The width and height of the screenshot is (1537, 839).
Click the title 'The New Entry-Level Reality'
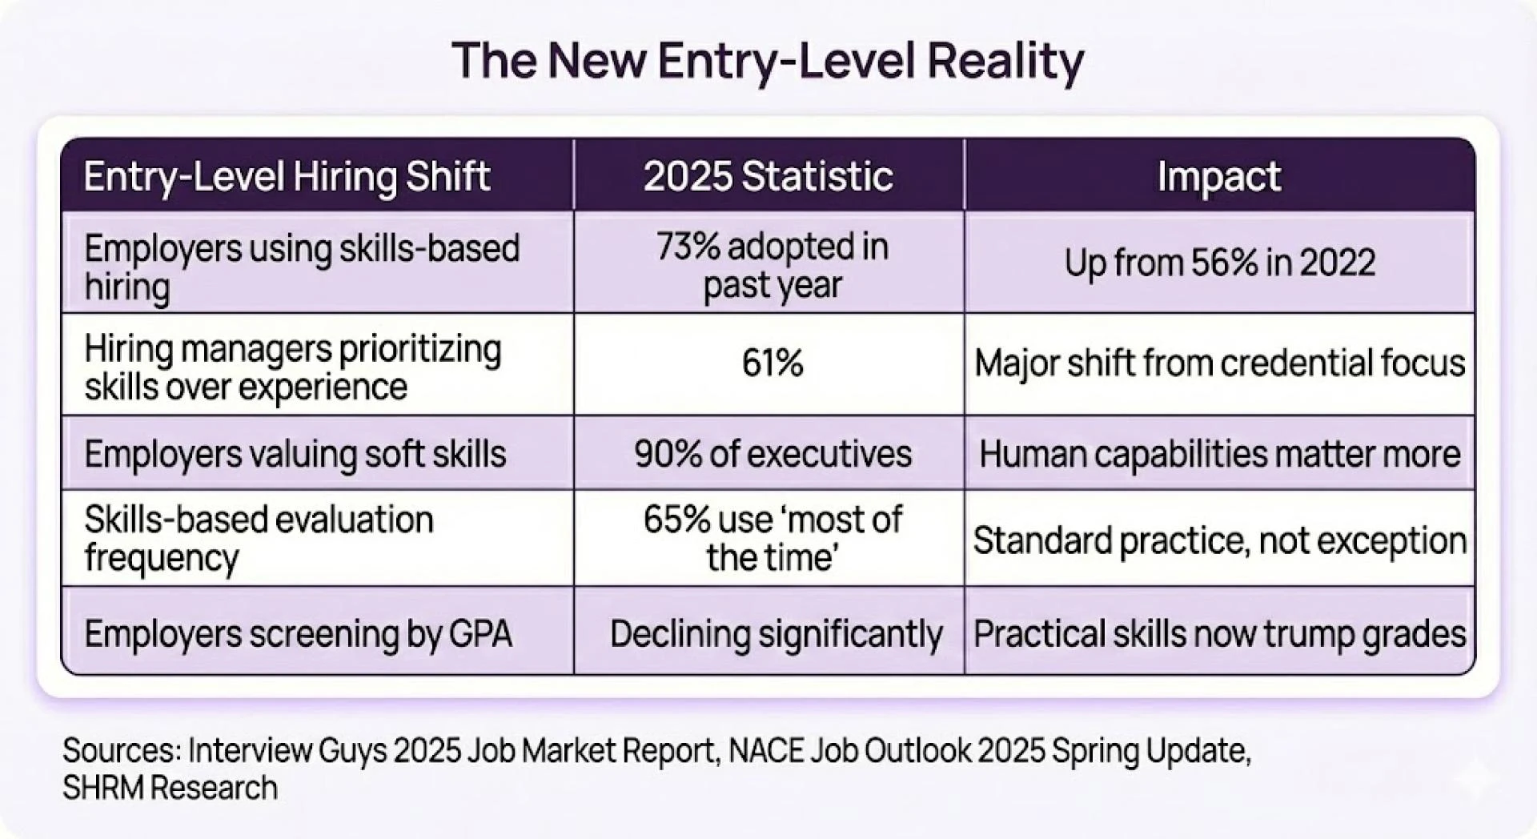point(768,61)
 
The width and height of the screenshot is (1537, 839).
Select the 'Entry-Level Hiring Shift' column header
point(287,176)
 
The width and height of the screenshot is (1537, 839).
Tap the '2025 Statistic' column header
point(768,176)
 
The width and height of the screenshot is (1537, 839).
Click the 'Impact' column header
point(1218,176)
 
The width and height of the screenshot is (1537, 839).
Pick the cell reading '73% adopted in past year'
point(772,266)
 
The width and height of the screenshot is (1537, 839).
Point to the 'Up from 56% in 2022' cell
point(1219,263)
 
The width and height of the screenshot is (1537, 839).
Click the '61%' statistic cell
point(772,363)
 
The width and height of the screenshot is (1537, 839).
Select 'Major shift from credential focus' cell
point(1219,363)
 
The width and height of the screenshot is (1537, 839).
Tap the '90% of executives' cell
point(773,454)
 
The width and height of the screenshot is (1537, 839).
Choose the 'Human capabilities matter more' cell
point(1219,454)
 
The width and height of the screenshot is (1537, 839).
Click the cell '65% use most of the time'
point(772,538)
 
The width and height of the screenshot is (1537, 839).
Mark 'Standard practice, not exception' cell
point(1219,540)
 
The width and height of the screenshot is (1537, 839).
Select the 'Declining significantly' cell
point(776,634)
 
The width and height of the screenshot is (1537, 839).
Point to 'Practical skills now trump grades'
point(1219,634)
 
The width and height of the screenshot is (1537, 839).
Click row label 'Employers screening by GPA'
point(298,634)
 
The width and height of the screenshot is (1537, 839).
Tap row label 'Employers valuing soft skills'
point(295,454)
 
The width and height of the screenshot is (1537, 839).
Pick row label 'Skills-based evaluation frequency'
point(258,538)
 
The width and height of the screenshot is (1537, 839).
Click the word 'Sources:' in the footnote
point(121,751)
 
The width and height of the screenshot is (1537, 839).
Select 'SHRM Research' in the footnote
point(170,789)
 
